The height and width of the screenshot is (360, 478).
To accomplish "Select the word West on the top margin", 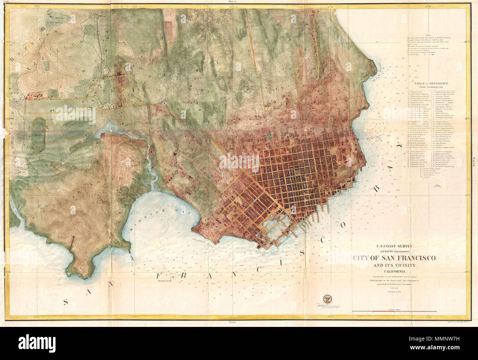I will coord(231,2).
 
